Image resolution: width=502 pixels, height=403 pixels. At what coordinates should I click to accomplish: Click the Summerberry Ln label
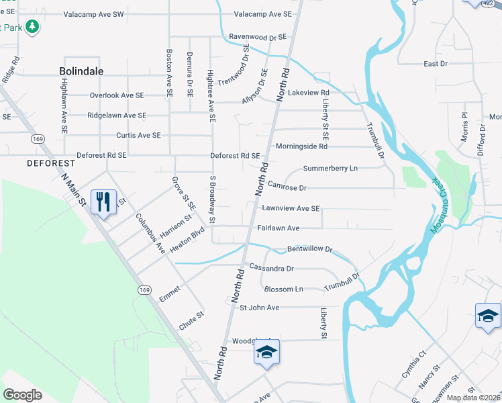tap(330, 168)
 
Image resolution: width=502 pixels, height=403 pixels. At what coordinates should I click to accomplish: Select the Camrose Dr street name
tap(287, 187)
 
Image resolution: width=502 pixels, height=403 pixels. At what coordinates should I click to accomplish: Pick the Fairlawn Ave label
tap(278, 228)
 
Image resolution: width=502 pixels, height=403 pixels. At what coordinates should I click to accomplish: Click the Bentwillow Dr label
tap(310, 249)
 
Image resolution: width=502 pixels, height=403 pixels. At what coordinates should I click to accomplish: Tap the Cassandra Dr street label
tap(272, 268)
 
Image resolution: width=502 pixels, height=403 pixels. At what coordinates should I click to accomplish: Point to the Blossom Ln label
tap(284, 289)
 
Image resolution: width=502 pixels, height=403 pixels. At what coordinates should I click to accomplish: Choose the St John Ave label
tap(259, 308)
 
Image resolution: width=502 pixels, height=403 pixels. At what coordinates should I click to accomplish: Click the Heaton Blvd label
tap(187, 241)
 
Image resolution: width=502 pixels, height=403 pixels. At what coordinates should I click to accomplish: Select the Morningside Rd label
tap(301, 146)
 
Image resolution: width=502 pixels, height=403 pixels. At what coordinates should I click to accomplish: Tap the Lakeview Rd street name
tap(308, 93)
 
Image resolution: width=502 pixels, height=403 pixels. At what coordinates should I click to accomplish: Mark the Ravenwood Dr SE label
tap(258, 37)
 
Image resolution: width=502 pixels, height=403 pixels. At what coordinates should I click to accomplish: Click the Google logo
tap(22, 395)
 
